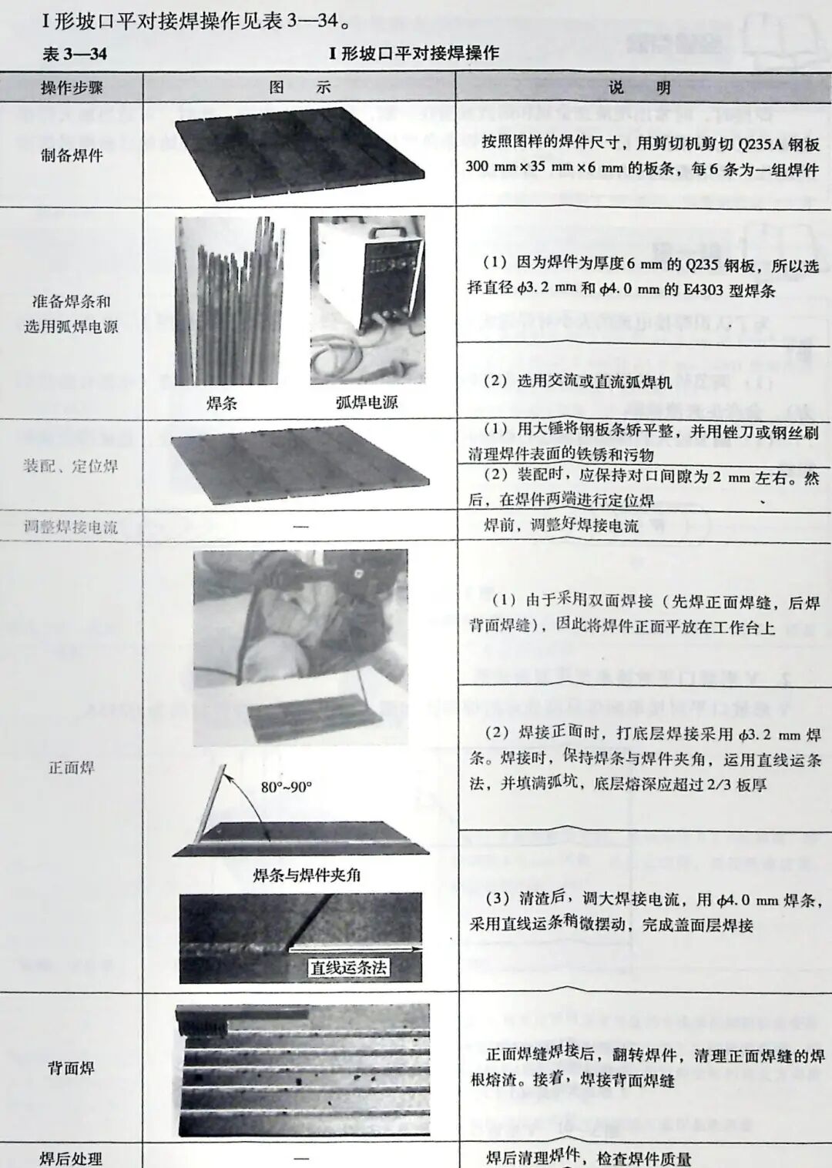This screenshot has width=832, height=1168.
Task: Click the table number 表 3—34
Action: click(74, 54)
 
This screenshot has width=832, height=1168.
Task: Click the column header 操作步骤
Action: click(72, 88)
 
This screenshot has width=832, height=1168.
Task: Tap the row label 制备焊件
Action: click(72, 156)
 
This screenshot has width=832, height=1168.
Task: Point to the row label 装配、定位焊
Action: click(70, 466)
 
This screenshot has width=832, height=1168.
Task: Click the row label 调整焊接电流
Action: click(71, 527)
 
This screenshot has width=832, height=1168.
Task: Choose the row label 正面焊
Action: click(72, 768)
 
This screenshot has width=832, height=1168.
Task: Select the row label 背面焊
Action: click(72, 1068)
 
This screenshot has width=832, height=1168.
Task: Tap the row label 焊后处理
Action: click(71, 1159)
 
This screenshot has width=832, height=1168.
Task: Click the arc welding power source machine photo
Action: click(367, 300)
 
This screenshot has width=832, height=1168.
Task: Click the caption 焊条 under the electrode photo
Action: click(222, 403)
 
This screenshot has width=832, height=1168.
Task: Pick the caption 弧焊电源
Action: click(367, 402)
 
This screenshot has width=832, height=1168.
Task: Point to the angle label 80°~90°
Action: click(286, 787)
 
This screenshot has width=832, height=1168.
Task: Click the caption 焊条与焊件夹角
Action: click(307, 875)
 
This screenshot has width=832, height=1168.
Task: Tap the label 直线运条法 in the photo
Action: click(348, 967)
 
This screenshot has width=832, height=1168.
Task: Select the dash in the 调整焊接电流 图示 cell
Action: click(300, 527)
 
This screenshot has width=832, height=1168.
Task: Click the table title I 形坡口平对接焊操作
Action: click(414, 53)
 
